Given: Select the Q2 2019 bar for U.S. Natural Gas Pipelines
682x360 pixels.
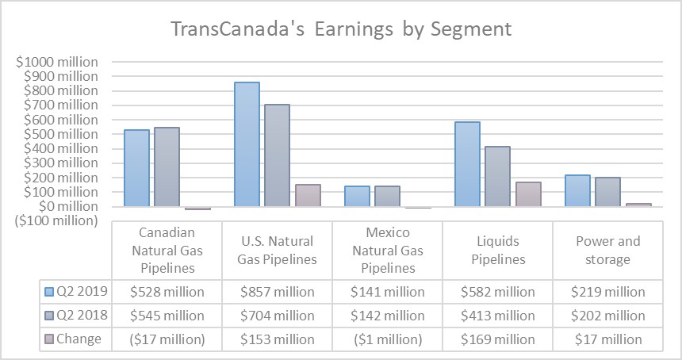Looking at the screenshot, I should [247, 144].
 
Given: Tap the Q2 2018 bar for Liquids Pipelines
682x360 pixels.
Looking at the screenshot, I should [497, 176].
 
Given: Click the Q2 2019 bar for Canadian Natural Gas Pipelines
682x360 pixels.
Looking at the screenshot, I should [136, 167].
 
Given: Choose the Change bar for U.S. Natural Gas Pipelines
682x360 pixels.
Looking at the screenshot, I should [308, 195].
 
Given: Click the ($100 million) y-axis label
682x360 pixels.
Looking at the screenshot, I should [56, 220].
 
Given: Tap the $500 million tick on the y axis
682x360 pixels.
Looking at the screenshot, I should [62, 134].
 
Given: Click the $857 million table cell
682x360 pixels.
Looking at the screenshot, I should [277, 292].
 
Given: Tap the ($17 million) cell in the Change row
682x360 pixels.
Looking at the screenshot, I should [167, 339].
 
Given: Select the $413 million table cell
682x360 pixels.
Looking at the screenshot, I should [497, 316].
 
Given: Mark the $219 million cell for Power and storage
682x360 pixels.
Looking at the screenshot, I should [607, 292].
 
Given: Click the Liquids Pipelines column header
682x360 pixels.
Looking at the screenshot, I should [497, 250].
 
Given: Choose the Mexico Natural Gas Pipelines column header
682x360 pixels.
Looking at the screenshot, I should [387, 250].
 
